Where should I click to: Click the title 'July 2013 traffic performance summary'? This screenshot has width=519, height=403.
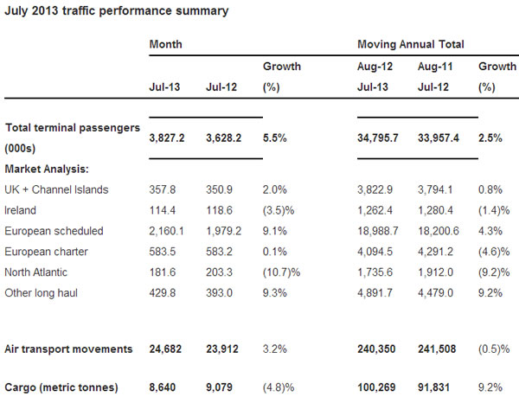[118, 11]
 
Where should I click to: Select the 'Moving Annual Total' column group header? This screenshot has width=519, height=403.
[410, 43]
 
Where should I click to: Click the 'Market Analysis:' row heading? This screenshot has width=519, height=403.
[48, 169]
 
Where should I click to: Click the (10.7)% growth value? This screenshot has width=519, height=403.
[280, 271]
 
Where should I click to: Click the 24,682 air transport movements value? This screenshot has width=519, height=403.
[167, 349]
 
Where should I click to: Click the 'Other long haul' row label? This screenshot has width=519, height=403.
[40, 292]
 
